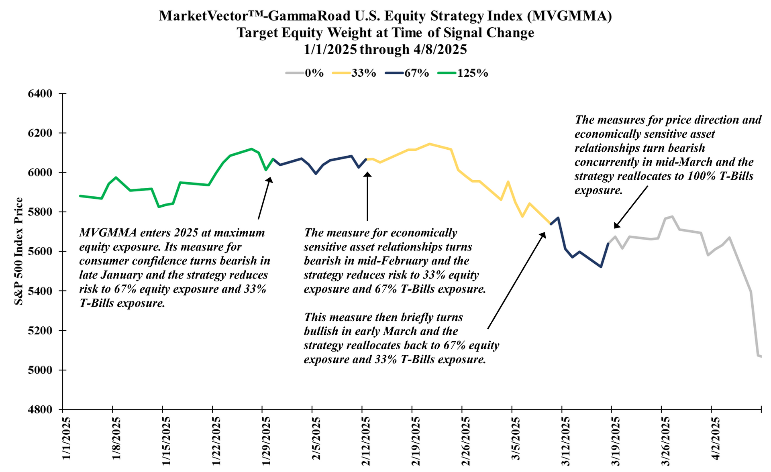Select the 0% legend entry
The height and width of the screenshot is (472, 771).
(305, 73)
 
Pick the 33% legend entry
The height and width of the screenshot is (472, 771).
(355, 73)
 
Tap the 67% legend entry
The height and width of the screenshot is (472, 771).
(407, 73)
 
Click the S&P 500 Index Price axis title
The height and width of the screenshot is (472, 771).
(18, 251)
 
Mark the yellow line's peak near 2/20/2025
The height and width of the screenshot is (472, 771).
(430, 144)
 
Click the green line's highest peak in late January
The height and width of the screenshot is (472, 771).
(251, 149)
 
